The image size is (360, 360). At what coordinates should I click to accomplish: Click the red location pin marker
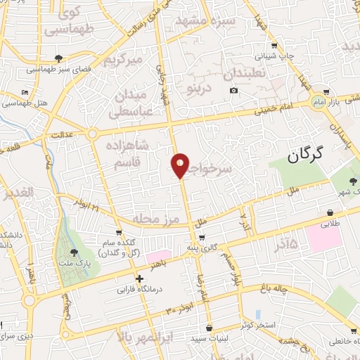pyautogui.click(x=181, y=165)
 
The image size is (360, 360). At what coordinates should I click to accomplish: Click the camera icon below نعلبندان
pyautogui.click(x=233, y=91)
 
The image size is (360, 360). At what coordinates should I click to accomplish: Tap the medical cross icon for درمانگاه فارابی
pyautogui.click(x=140, y=278)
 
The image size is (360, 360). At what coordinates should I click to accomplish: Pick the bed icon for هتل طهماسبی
pyautogui.click(x=25, y=92)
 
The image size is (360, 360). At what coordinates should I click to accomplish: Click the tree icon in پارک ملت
pyautogui.click(x=75, y=252)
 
